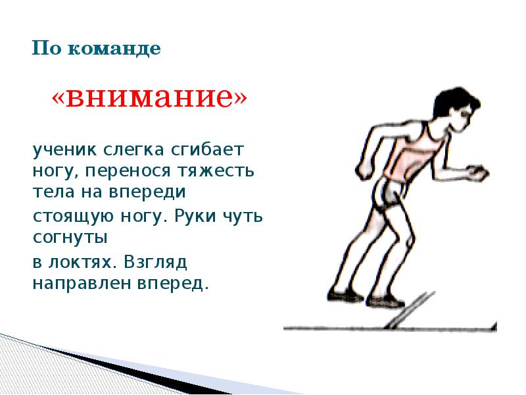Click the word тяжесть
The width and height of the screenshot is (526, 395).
[220, 172]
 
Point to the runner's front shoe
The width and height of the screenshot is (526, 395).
[387, 301]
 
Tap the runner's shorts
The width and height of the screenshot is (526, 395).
[388, 191]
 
